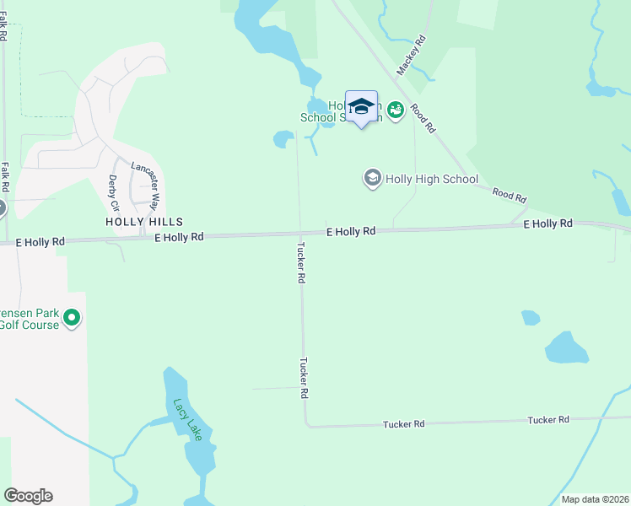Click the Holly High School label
click(x=431, y=179)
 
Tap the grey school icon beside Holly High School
click(x=372, y=178)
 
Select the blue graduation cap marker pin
click(x=361, y=107)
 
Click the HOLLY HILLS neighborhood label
click(x=143, y=221)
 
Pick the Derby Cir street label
click(x=112, y=193)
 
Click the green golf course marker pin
click(x=72, y=319)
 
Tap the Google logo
click(x=28, y=496)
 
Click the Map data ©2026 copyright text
click(x=595, y=499)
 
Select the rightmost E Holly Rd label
click(x=547, y=223)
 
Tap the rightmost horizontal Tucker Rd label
click(x=548, y=419)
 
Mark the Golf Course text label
click(x=30, y=325)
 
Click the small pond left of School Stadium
click(x=283, y=138)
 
